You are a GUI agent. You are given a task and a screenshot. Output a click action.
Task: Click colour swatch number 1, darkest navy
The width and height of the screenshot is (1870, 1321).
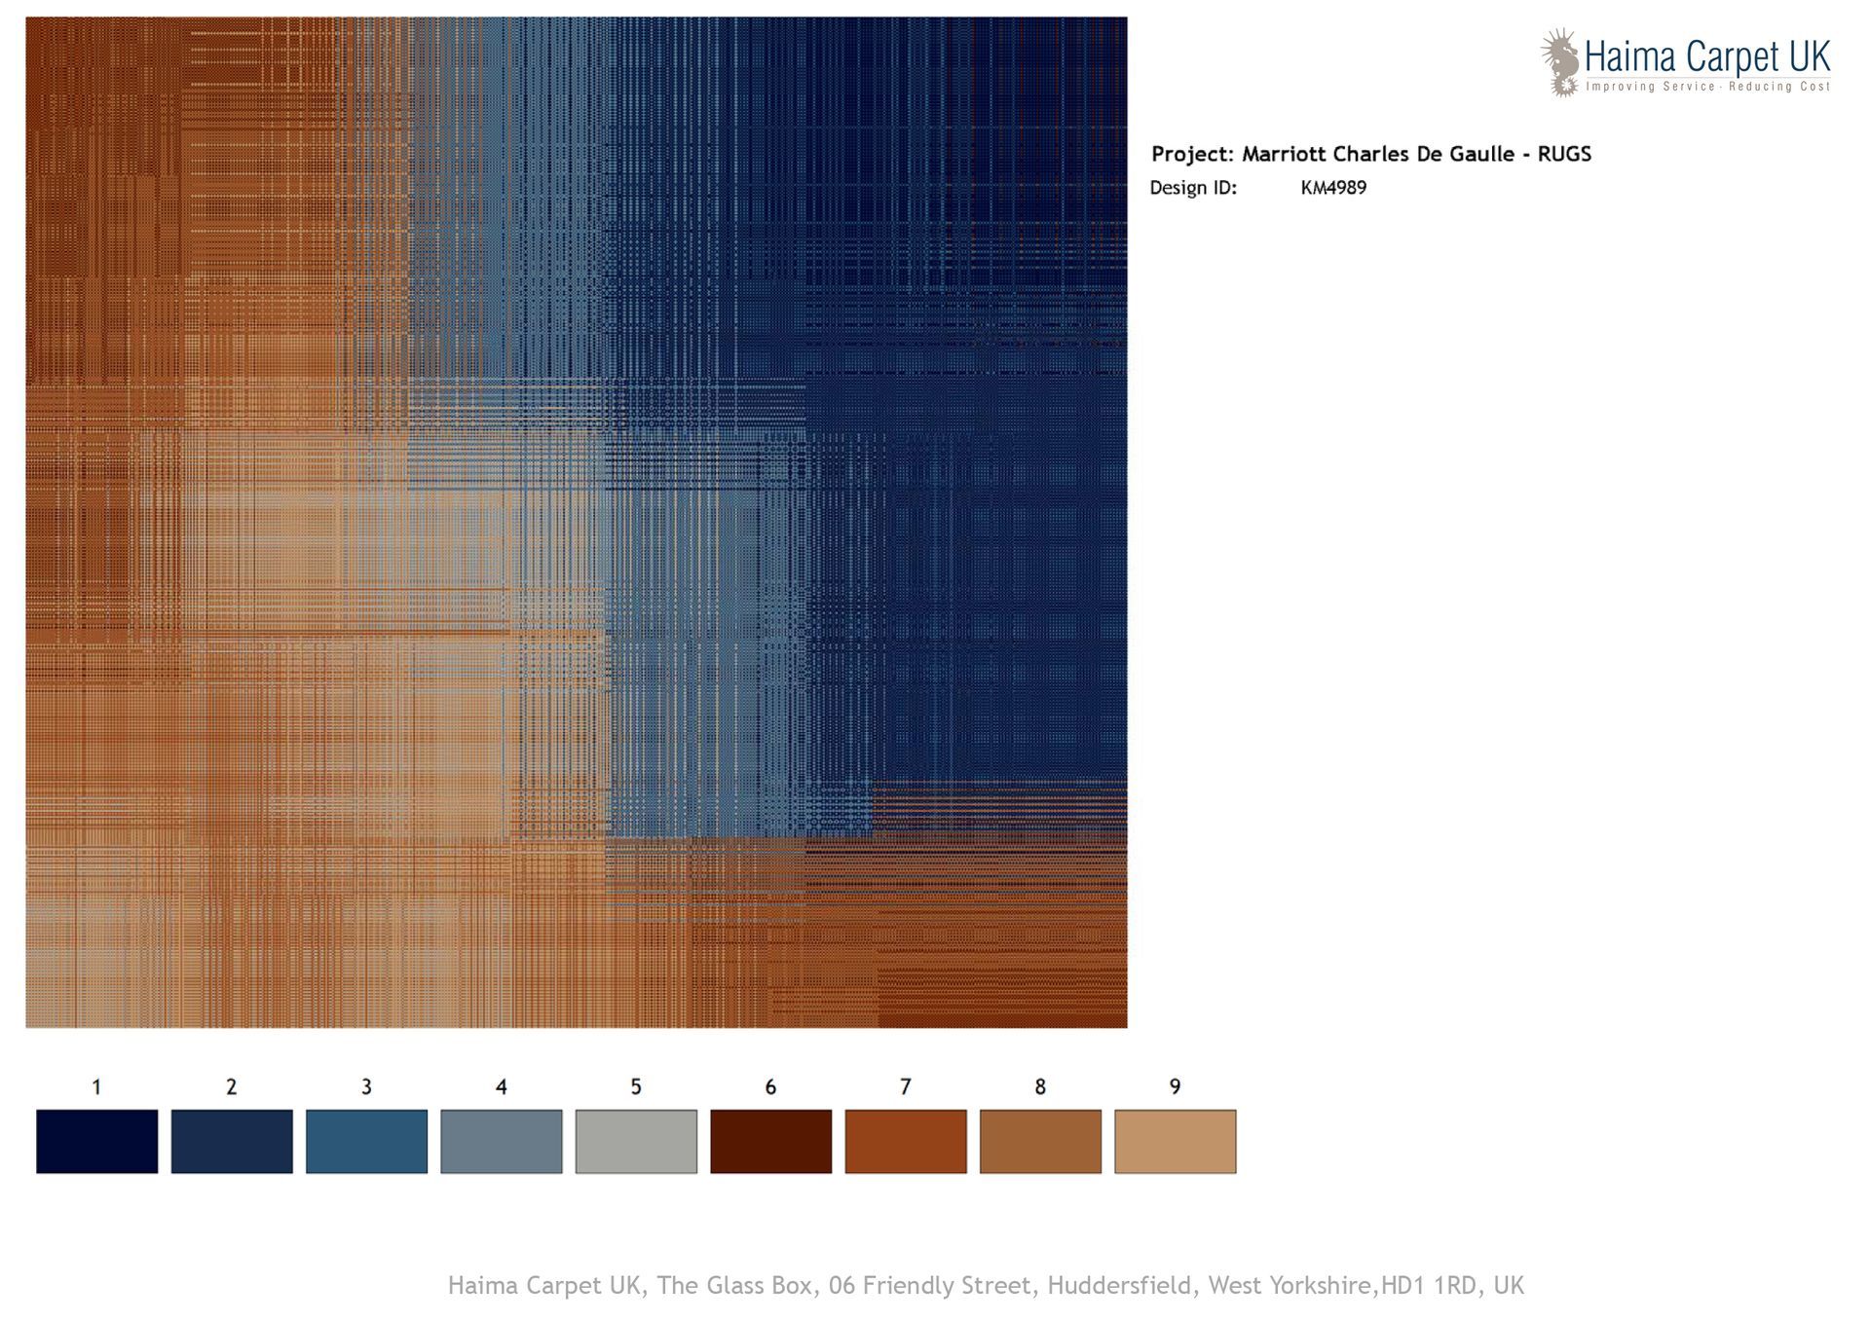click(96, 1141)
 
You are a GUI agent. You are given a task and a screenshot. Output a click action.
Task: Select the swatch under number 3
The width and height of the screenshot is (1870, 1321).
click(366, 1141)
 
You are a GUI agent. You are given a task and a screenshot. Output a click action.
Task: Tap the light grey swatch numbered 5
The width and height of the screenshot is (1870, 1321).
click(636, 1141)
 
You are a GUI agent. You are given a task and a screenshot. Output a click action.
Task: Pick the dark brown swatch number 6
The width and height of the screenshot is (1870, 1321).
click(770, 1141)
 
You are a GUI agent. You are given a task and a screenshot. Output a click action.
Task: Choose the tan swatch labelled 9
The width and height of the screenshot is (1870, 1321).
click(1176, 1141)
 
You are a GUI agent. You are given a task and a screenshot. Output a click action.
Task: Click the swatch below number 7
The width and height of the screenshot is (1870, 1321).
click(906, 1141)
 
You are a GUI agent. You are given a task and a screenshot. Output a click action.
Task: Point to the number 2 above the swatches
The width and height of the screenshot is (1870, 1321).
click(232, 1086)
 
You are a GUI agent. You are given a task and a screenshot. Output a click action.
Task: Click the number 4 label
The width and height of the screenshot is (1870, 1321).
click(502, 1086)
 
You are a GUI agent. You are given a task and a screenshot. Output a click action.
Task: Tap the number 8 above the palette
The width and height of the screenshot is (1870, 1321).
click(1040, 1086)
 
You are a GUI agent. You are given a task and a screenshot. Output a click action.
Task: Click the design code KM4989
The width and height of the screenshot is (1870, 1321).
click(1333, 188)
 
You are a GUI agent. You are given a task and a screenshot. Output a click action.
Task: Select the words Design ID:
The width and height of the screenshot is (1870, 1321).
click(1193, 188)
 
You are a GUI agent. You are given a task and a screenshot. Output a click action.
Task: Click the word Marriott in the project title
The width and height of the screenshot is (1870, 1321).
click(1284, 154)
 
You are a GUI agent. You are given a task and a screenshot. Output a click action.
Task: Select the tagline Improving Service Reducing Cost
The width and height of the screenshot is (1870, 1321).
click(1707, 87)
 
